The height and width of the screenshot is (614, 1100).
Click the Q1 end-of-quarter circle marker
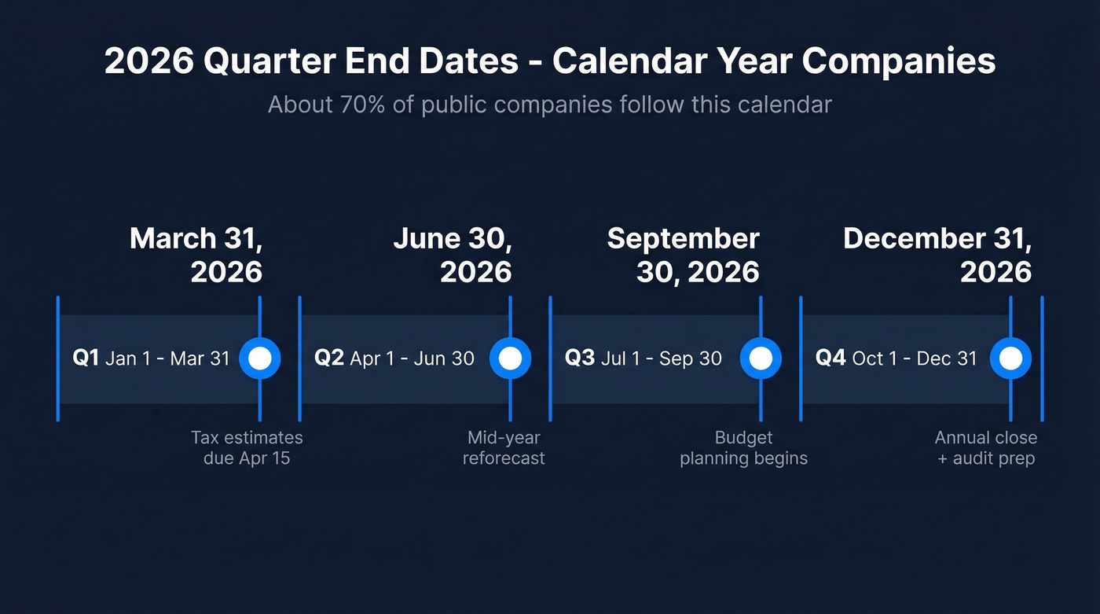coord(259,358)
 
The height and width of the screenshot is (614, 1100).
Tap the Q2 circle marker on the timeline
coord(510,358)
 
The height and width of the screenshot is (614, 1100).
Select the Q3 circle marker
coord(761,358)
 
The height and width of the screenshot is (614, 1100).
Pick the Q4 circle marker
coord(1010,358)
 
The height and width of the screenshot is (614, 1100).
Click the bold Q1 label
coord(86,358)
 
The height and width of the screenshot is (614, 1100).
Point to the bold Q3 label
coord(580,358)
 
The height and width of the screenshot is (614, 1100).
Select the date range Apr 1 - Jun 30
coord(412,358)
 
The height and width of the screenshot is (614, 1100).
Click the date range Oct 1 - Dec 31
coord(915,358)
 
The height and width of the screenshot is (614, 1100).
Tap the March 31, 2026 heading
coord(196,255)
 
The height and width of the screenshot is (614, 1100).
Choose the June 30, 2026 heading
coord(453,255)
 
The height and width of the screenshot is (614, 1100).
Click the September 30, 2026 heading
coord(684,255)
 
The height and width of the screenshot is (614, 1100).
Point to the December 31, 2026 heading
coord(937,255)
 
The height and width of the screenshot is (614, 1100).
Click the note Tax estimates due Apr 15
coord(247,447)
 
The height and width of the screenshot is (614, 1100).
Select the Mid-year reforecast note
coord(504,447)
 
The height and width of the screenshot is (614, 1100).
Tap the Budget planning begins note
coord(743,447)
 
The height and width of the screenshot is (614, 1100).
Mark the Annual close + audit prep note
coord(986,447)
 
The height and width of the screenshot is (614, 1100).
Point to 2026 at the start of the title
coord(149,61)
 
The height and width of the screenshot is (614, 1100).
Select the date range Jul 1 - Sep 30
coord(662,358)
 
